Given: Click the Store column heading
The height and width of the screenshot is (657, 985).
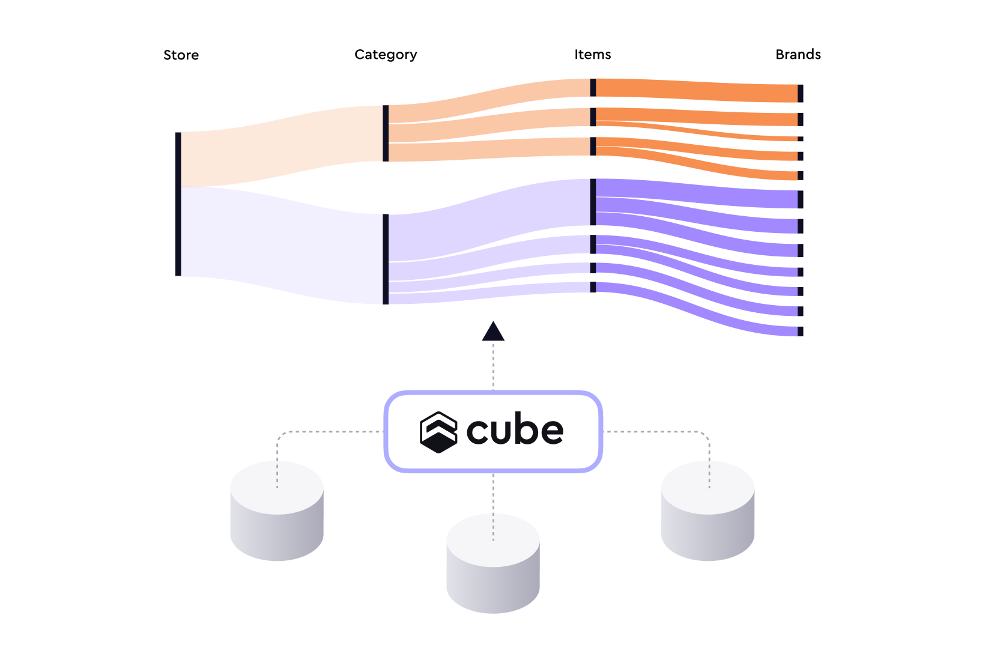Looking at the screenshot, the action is [x=181, y=55].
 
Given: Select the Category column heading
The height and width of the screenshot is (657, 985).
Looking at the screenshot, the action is [x=386, y=55].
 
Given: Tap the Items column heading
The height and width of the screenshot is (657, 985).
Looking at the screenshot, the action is [x=592, y=55].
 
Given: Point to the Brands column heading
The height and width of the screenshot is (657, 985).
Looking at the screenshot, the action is [x=798, y=55].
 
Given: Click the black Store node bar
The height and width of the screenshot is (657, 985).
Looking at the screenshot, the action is [x=178, y=204].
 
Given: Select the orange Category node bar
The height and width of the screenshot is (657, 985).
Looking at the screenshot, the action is [x=386, y=133].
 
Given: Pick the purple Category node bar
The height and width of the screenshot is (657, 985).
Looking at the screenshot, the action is [x=386, y=259].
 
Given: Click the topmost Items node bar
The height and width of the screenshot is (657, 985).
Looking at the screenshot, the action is [x=593, y=88].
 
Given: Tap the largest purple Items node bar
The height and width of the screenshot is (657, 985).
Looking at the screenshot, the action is [x=593, y=202].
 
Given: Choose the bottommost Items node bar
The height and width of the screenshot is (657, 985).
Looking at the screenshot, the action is [x=593, y=287].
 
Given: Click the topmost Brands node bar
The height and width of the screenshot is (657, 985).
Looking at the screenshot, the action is [x=800, y=93].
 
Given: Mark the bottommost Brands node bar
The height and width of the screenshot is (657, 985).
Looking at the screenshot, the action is [x=800, y=331].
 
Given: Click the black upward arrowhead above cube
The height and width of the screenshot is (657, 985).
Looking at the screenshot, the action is [x=493, y=332].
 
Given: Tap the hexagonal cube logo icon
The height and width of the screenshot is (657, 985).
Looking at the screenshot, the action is [x=438, y=432].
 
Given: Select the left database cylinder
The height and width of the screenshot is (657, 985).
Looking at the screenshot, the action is [x=277, y=511].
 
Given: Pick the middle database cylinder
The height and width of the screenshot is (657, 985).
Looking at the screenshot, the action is [x=493, y=564].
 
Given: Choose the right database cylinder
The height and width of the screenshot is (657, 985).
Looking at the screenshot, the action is [x=708, y=511].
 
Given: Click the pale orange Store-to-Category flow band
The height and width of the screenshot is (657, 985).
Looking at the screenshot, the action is [x=282, y=146].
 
